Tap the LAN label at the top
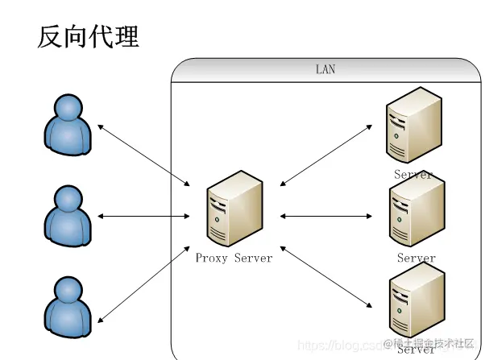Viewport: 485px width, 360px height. [325, 70]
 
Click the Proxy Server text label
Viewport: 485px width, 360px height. [234, 259]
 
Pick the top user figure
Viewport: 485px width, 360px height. [67, 124]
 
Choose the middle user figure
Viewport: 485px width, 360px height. [67, 214]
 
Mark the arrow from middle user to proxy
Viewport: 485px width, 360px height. [143, 216]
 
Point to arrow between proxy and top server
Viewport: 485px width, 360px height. [326, 154]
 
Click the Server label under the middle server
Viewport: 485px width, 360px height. [416, 259]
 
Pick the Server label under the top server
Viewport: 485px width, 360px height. [413, 174]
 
